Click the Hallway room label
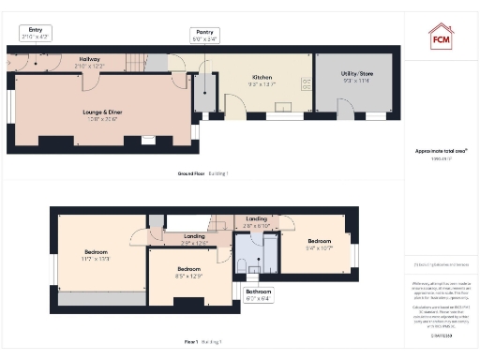tap(91, 63)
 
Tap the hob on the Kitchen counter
tap(306, 82)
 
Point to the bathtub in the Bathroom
tap(269, 253)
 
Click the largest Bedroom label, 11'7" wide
tap(97, 254)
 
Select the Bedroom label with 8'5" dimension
tap(188, 272)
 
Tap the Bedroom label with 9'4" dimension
tap(320, 246)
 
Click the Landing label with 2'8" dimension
tap(256, 222)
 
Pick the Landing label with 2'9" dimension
tap(194, 239)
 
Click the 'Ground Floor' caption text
tap(202, 174)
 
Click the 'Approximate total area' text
tap(440, 152)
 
